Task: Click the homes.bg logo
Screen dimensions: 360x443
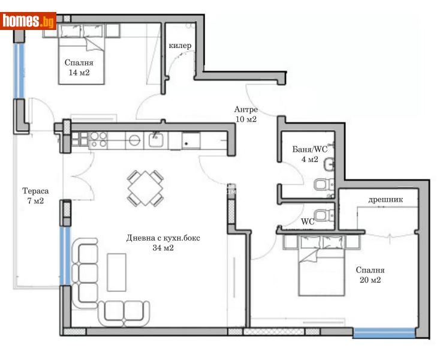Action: pos(29,21)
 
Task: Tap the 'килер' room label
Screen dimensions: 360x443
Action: pos(180,46)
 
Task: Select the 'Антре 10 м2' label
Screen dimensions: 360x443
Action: pos(246,114)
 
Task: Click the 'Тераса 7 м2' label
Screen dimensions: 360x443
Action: pos(33,196)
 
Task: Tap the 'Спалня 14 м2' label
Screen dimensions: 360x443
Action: pos(80,67)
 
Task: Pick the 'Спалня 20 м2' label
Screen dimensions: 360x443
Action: pos(370,275)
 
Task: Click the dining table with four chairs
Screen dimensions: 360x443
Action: pos(145,188)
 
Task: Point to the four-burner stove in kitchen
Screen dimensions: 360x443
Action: pos(98,140)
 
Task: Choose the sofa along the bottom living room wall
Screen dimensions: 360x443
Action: pos(125,310)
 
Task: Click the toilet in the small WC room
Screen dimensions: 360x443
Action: pos(323,215)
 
